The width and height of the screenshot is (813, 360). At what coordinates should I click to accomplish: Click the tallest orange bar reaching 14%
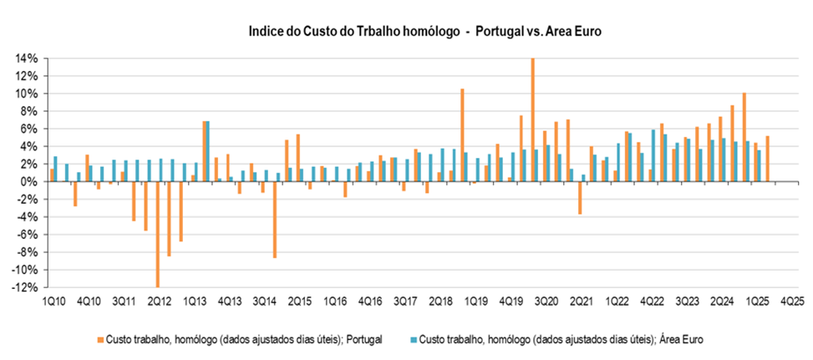[532, 119]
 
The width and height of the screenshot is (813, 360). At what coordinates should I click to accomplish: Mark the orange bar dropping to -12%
[156, 234]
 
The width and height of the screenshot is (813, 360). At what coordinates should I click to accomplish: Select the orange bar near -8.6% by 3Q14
[274, 220]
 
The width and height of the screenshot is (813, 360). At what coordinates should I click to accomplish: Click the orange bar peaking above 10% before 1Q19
[462, 134]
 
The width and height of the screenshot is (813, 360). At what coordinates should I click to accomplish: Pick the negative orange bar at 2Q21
[579, 198]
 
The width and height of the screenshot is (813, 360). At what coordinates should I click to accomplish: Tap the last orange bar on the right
[767, 159]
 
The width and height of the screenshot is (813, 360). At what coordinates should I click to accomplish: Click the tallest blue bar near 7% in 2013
[207, 151]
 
